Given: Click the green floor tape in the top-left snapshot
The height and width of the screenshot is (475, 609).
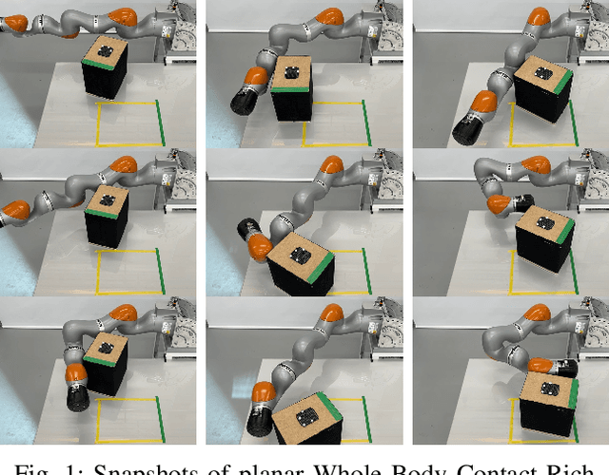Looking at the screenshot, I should click(161, 123).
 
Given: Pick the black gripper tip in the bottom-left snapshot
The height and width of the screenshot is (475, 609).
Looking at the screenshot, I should click(76, 400).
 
